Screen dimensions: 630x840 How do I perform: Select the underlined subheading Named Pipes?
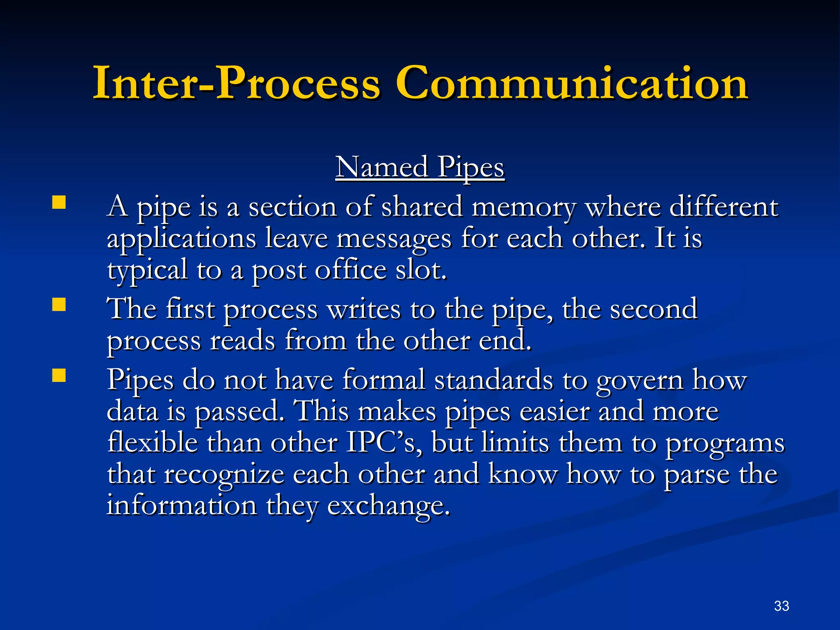[420, 167]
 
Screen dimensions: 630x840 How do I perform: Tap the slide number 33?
[781, 606]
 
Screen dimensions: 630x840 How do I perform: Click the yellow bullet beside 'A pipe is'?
[59, 203]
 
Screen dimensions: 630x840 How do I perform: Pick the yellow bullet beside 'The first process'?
[59, 305]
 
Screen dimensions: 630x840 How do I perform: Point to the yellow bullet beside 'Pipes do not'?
[59, 375]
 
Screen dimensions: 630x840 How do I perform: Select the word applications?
[181, 239]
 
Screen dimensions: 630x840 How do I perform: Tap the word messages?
[394, 239]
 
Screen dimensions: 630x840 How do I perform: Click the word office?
[351, 270]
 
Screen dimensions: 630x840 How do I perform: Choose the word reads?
[242, 341]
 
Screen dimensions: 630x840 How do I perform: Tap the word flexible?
[152, 443]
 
